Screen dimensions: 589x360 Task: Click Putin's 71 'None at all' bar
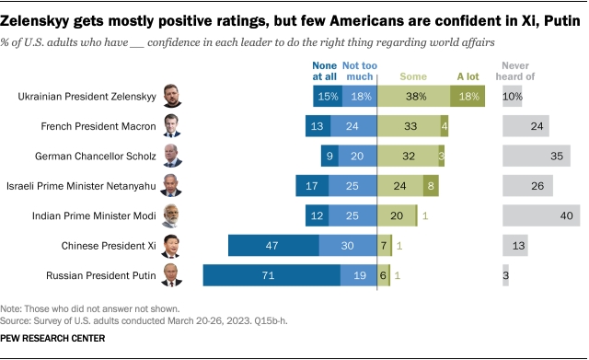click(271, 275)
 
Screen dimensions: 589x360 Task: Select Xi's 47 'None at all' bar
click(273, 246)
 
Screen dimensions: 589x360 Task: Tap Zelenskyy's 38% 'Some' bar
click(413, 96)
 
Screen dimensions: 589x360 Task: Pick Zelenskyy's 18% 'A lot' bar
click(468, 96)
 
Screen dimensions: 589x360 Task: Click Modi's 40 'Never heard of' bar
click(541, 215)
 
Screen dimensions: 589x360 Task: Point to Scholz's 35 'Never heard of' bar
click(537, 156)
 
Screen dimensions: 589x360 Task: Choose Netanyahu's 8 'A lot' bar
click(431, 186)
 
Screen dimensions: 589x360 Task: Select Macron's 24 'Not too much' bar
click(353, 126)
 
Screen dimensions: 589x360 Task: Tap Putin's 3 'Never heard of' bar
click(505, 275)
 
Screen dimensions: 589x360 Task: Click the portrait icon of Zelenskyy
click(172, 96)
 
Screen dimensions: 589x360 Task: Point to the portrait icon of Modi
click(170, 215)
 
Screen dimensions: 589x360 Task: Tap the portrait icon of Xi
click(170, 246)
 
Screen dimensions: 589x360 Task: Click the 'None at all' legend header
click(324, 71)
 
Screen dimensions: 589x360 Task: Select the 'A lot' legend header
click(468, 76)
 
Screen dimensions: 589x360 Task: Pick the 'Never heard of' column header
click(515, 71)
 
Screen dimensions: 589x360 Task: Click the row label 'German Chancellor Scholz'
click(96, 156)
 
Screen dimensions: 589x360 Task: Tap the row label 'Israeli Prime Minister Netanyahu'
click(81, 186)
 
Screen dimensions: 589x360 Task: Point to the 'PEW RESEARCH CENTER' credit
click(52, 338)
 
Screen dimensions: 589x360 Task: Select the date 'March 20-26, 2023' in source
click(209, 321)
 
